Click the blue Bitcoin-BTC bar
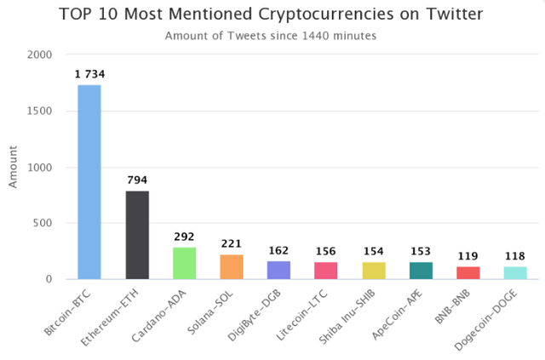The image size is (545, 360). click(89, 182)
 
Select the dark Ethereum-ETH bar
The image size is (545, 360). click(137, 235)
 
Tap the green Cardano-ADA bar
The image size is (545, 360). click(185, 263)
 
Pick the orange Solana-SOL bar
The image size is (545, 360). click(232, 266)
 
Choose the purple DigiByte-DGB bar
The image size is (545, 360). click(279, 270)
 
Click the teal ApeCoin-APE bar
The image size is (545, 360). click(421, 270)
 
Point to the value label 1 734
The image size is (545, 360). click(89, 75)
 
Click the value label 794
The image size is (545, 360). click(137, 180)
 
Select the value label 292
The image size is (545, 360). click(185, 237)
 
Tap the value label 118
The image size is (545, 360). click(515, 256)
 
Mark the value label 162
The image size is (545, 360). click(279, 251)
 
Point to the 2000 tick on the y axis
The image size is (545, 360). click(39, 54)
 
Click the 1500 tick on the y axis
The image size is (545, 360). click(39, 111)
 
